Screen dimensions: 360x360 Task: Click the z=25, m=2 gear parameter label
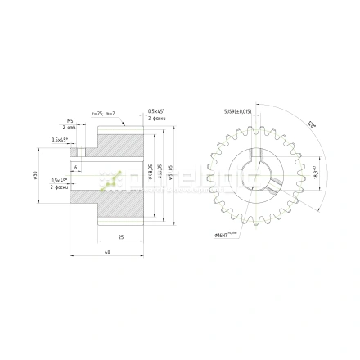104,114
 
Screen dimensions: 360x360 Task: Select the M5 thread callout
70,120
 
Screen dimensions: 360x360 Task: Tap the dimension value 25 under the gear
120,236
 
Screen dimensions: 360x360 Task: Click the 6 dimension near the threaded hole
75,167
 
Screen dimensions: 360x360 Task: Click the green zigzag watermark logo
112,180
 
